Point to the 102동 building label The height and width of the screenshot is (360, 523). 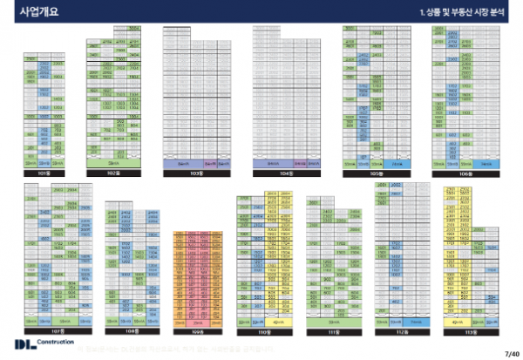(113, 173)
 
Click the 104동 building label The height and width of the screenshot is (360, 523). (282, 173)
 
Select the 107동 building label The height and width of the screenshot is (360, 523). (58, 332)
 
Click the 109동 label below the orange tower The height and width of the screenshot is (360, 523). (197, 332)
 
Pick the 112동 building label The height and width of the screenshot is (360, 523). (402, 332)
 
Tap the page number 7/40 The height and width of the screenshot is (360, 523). (511, 352)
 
